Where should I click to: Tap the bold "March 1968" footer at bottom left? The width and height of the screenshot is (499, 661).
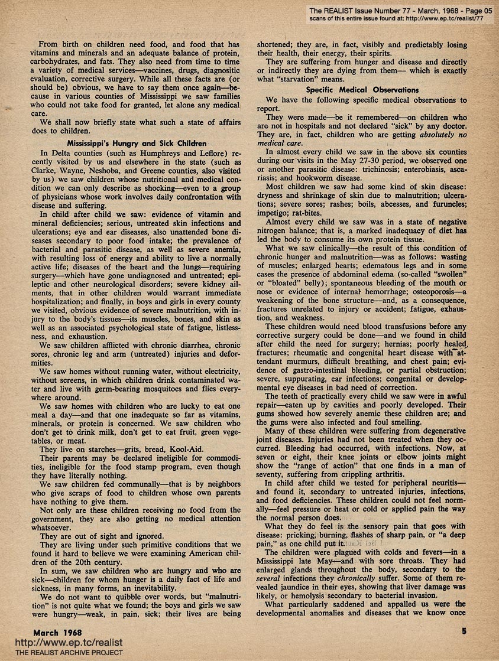(57, 632)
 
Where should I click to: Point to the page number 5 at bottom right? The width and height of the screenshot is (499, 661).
(464, 631)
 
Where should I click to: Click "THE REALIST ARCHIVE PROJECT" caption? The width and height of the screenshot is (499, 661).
(61, 653)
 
